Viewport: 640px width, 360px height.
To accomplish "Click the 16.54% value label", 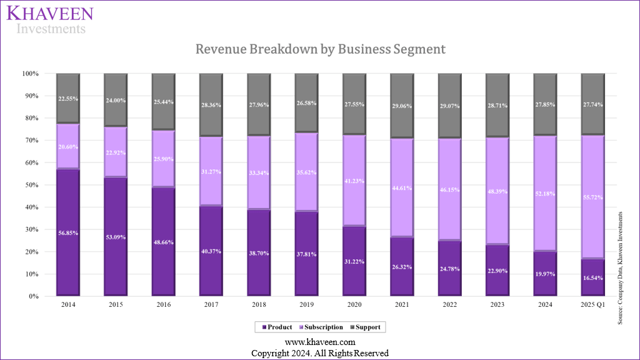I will pyautogui.click(x=592, y=277).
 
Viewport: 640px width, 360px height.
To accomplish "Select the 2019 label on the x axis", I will pyautogui.click(x=306, y=304).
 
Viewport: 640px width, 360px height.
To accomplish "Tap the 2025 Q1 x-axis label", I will pyautogui.click(x=592, y=304).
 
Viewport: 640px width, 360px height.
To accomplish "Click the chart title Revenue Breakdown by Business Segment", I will pyautogui.click(x=320, y=49).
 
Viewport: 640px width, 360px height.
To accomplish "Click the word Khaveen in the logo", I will pyautogui.click(x=49, y=14).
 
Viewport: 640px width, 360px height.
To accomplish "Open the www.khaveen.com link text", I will pyautogui.click(x=320, y=342).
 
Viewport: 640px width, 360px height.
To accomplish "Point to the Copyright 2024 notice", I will pyautogui.click(x=320, y=353).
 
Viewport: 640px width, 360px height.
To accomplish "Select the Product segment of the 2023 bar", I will pyautogui.click(x=497, y=270).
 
